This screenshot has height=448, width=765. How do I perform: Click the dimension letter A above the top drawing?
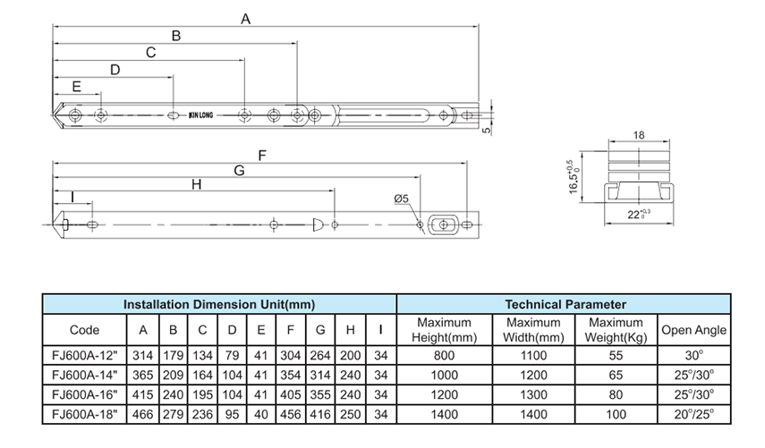click(246, 19)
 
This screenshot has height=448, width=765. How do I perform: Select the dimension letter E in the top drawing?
click(76, 87)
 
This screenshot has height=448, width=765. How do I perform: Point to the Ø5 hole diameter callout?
click(400, 199)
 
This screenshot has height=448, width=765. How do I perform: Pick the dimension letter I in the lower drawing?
click(72, 196)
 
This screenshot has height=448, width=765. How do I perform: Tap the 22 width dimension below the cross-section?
click(637, 216)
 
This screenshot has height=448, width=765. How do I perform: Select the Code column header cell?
click(84, 330)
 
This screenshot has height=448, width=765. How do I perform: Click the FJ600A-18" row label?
click(84, 414)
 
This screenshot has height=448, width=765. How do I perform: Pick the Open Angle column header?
click(693, 330)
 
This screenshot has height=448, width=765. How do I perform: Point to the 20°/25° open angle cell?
click(693, 414)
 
